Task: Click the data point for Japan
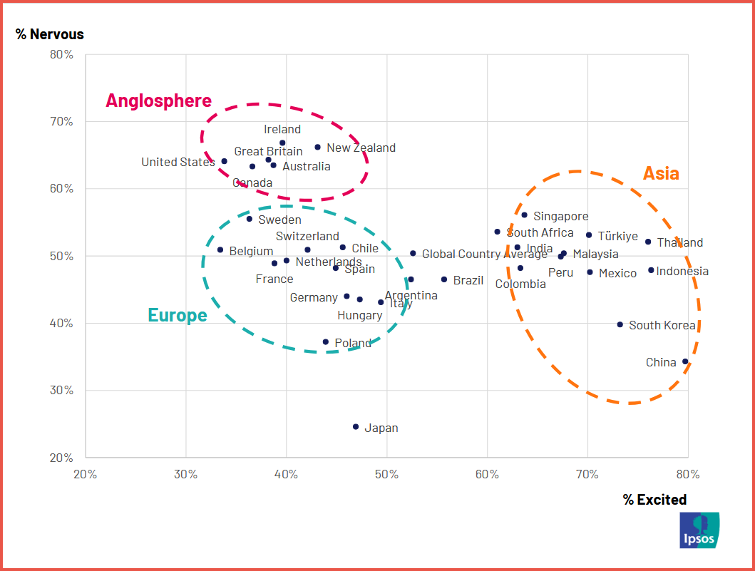[x=356, y=426]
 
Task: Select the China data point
[x=685, y=361]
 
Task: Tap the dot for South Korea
[x=620, y=324]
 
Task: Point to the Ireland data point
[x=282, y=143]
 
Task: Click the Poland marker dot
[x=326, y=342]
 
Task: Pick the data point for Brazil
[x=444, y=279]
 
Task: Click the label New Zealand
[x=361, y=148]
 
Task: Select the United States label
[x=178, y=163]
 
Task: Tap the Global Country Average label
[x=485, y=254]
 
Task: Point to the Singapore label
[x=561, y=217]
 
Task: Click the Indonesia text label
[x=682, y=272]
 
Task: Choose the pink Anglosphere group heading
[x=158, y=101]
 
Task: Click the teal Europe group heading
[x=178, y=315]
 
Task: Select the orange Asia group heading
[x=661, y=173]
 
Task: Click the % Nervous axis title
[x=50, y=34]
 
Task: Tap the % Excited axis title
[x=654, y=500]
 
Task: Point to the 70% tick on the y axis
[x=61, y=122]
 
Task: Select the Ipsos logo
[x=699, y=530]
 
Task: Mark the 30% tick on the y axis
[x=61, y=391]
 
